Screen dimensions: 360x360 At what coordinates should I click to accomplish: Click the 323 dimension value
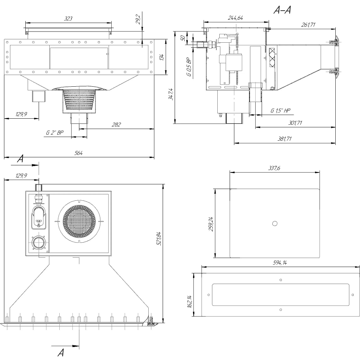point(68,19)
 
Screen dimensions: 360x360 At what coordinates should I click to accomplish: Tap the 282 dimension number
point(116,125)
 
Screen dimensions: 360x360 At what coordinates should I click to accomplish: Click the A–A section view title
point(282,11)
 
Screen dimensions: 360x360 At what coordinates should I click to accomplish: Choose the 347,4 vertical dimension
point(171,94)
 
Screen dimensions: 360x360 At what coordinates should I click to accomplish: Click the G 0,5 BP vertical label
point(189,68)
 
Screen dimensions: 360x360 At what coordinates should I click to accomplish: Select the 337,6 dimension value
point(274,169)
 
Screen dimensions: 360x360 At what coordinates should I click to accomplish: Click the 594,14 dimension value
point(280,263)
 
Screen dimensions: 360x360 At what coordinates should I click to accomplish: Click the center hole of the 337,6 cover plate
point(275,223)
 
